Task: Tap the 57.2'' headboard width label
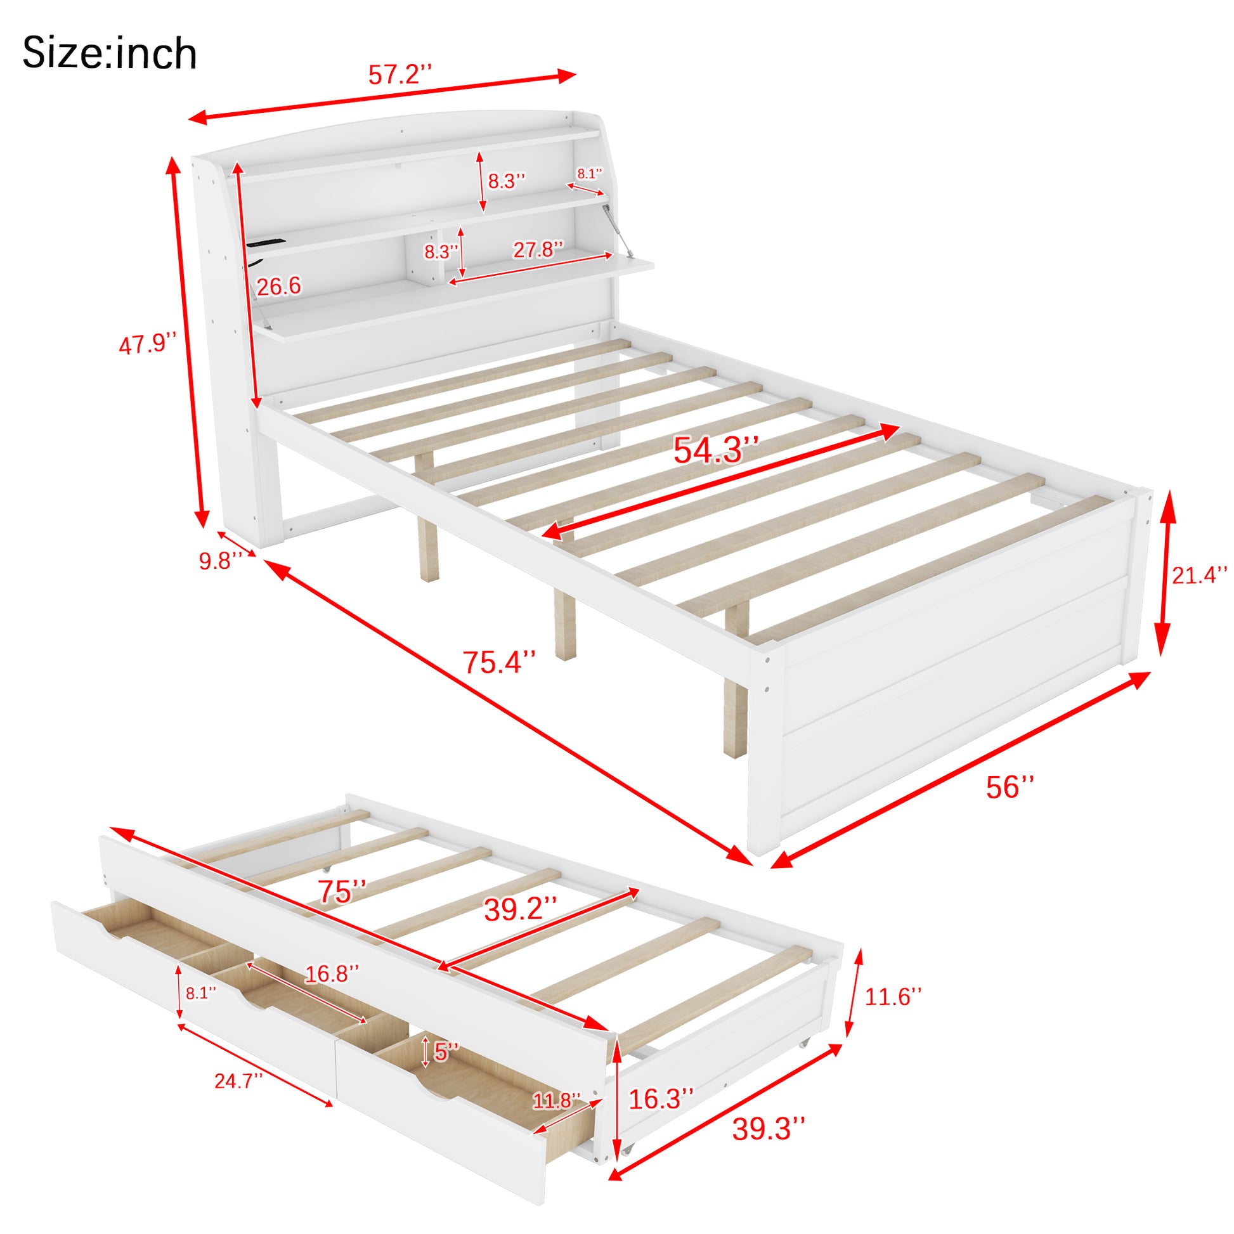pos(401,75)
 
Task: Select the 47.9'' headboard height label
pos(148,345)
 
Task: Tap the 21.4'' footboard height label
pos(1199,575)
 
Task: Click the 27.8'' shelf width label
pos(538,249)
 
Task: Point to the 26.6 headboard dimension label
pos(278,287)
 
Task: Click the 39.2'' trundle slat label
pos(521,909)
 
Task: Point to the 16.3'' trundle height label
pos(661,1098)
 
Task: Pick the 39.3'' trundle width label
pos(769,1146)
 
